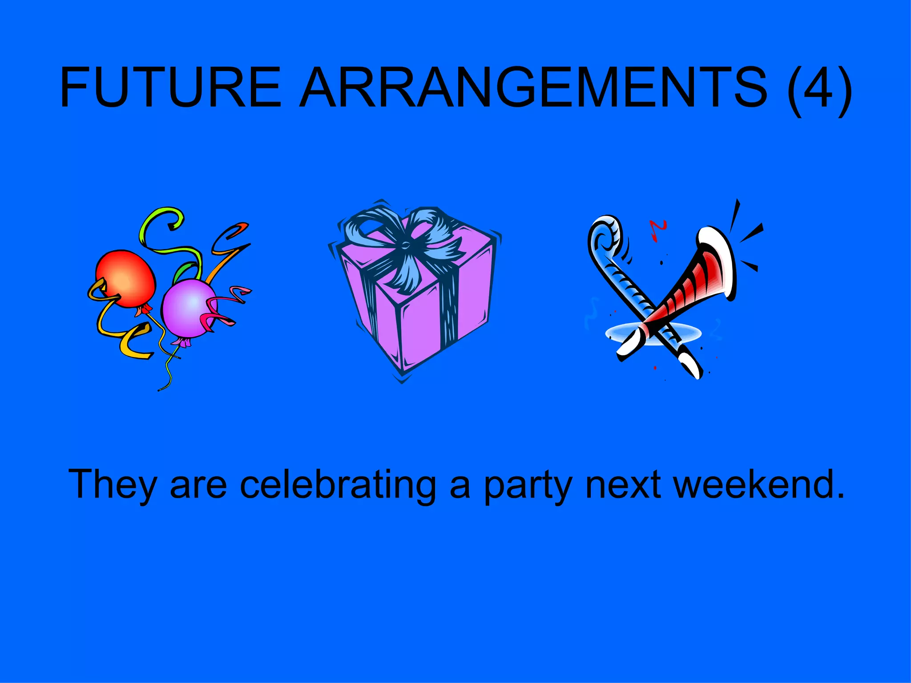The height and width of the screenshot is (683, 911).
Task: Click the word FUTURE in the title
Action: tap(171, 87)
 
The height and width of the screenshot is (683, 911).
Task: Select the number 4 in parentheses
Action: tap(820, 87)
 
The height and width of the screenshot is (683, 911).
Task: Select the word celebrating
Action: tap(338, 485)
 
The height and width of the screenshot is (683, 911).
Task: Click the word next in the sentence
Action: tap(623, 485)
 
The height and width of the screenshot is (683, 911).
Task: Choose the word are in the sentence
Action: tap(198, 485)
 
